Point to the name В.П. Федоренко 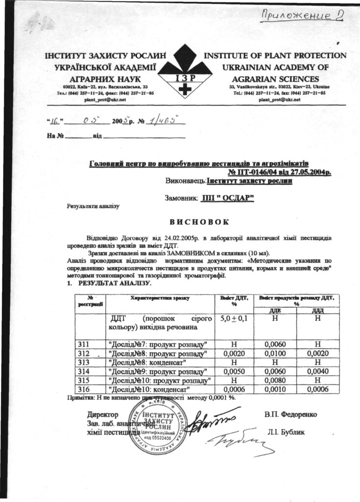(x=290, y=414)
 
